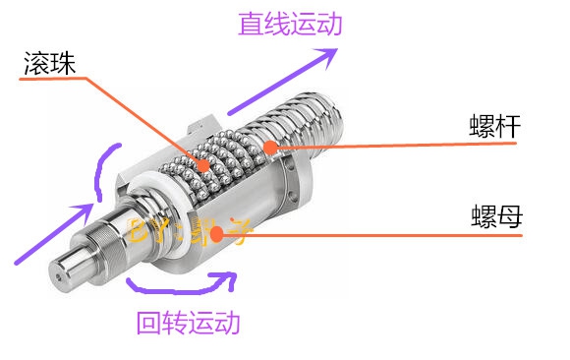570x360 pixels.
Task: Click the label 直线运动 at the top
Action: click(290, 24)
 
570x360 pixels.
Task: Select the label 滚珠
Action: click(48, 65)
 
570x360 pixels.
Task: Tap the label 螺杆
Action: click(493, 127)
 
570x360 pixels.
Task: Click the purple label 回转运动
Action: click(188, 322)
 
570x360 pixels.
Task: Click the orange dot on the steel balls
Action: click(202, 164)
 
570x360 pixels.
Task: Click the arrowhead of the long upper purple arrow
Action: click(328, 55)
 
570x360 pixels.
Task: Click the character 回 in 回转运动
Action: click(147, 322)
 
